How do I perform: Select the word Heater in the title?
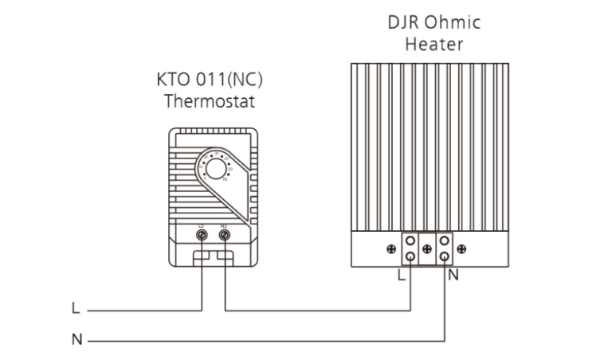point(433,44)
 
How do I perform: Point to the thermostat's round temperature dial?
point(216,168)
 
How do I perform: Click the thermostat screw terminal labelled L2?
point(202,236)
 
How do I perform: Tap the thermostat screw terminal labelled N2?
point(225,236)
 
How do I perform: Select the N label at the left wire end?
point(76,340)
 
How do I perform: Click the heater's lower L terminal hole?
point(410,256)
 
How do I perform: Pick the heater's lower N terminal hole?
point(443,256)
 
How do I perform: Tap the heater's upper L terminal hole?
point(410,241)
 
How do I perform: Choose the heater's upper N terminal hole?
point(443,241)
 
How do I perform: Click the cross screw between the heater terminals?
point(427,249)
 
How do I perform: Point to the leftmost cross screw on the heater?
point(391,249)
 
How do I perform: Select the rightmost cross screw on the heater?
point(462,249)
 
